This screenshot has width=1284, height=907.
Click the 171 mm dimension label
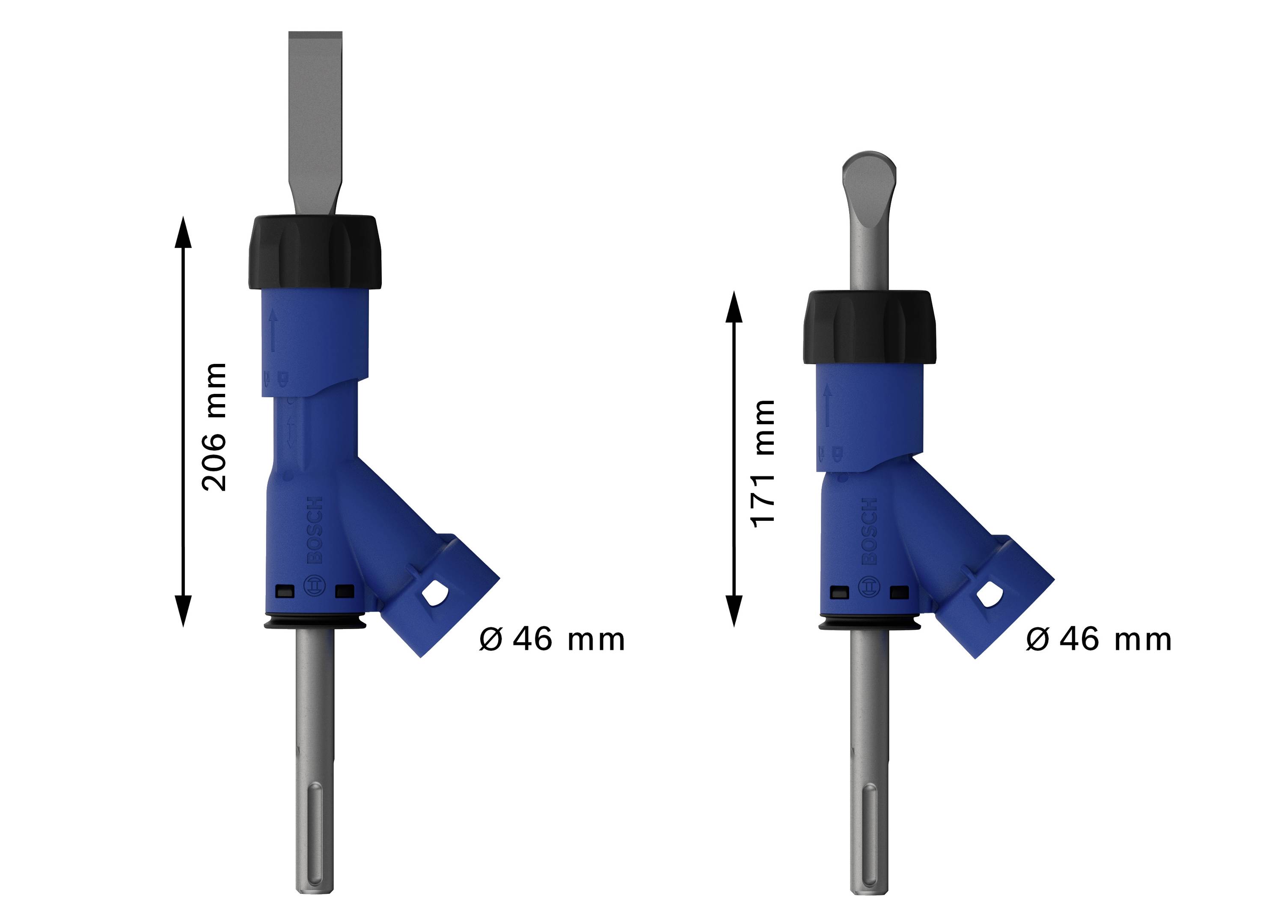[x=763, y=463]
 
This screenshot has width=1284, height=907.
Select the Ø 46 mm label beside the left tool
[x=551, y=639]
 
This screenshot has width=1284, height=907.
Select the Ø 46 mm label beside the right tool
[x=1098, y=639]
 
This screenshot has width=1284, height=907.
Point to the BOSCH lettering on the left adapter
[x=314, y=530]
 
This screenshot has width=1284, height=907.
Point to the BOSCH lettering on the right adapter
[x=868, y=531]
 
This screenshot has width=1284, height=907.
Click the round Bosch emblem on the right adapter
[x=868, y=587]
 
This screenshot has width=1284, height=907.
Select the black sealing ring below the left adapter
[x=315, y=623]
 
